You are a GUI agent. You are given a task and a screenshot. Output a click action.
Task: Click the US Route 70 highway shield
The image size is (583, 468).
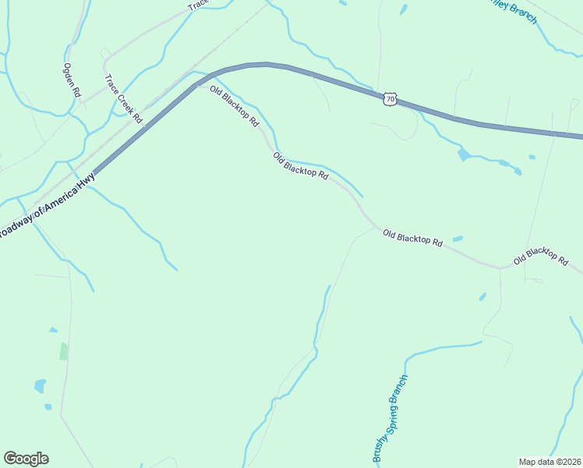pyautogui.click(x=390, y=98)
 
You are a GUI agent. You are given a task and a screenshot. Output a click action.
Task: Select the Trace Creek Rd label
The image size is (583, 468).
pyautogui.click(x=124, y=99)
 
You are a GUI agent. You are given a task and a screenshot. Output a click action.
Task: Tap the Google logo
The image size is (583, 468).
pyautogui.click(x=26, y=459)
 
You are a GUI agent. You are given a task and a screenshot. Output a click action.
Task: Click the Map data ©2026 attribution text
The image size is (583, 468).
pyautogui.click(x=549, y=462)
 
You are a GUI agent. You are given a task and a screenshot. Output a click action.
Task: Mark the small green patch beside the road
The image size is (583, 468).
pyautogui.click(x=63, y=352)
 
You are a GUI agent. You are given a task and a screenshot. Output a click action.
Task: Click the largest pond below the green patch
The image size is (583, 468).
pyautogui.click(x=40, y=385)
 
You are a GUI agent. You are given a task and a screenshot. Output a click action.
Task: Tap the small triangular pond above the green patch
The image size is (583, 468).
pyautogui.click(x=52, y=330)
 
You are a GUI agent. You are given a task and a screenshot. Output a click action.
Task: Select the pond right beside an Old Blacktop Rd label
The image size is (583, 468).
pyautogui.click(x=458, y=239)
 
